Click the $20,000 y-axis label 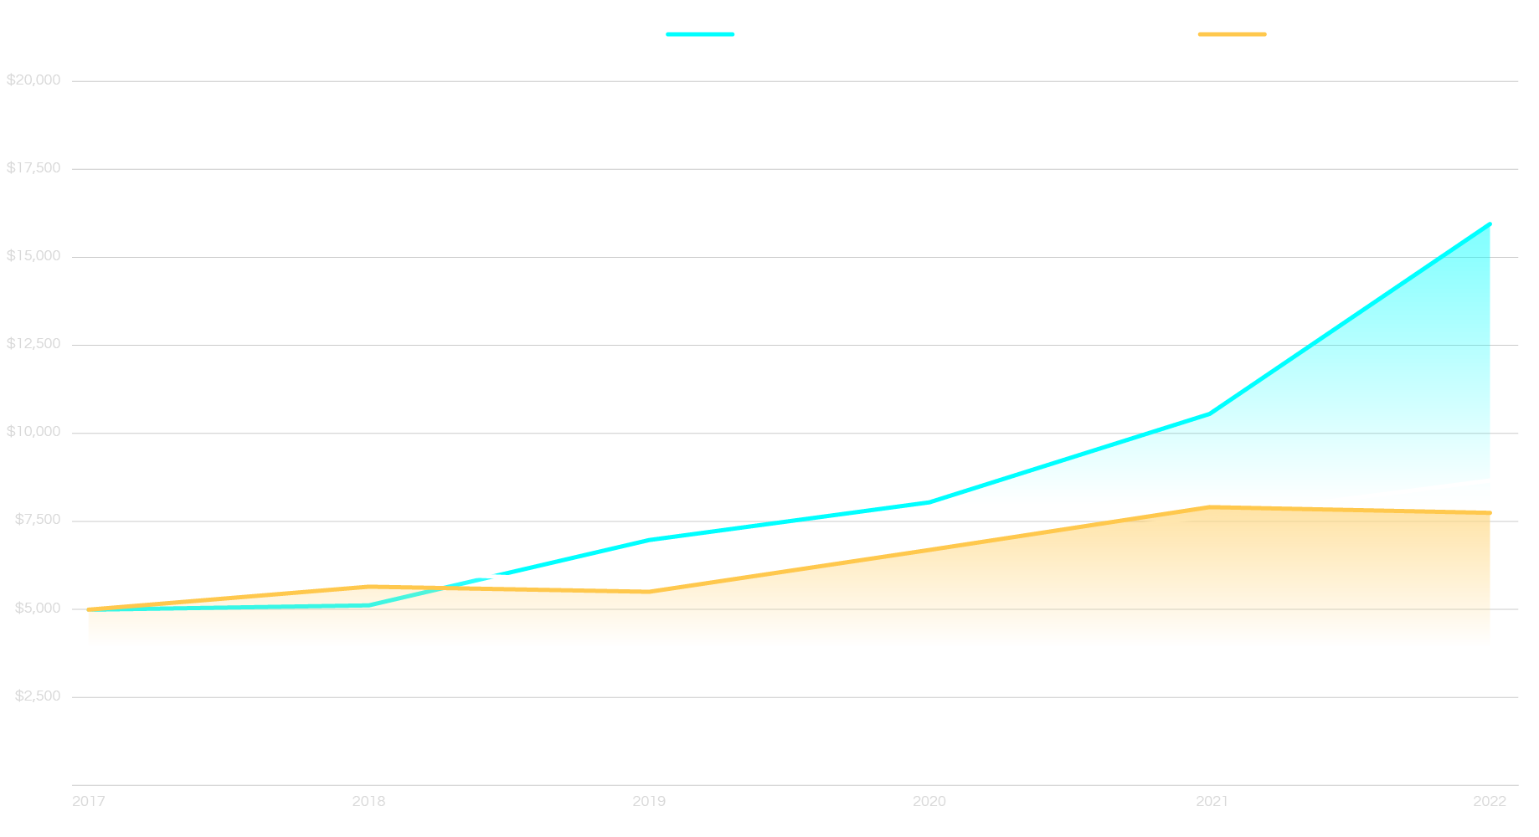33,80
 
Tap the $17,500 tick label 33,168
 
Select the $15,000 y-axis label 33,256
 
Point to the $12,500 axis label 33,344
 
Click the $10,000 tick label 33,432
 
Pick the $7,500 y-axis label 38,520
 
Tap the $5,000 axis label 38,608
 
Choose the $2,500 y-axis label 38,696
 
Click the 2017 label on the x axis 89,802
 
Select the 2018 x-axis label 368,802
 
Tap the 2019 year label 649,802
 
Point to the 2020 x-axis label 929,802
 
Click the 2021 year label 1212,802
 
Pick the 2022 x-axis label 1490,802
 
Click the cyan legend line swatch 700,34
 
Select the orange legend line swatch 1232,34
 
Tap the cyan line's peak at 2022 1490,223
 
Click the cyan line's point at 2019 650,540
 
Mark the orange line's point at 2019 650,592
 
